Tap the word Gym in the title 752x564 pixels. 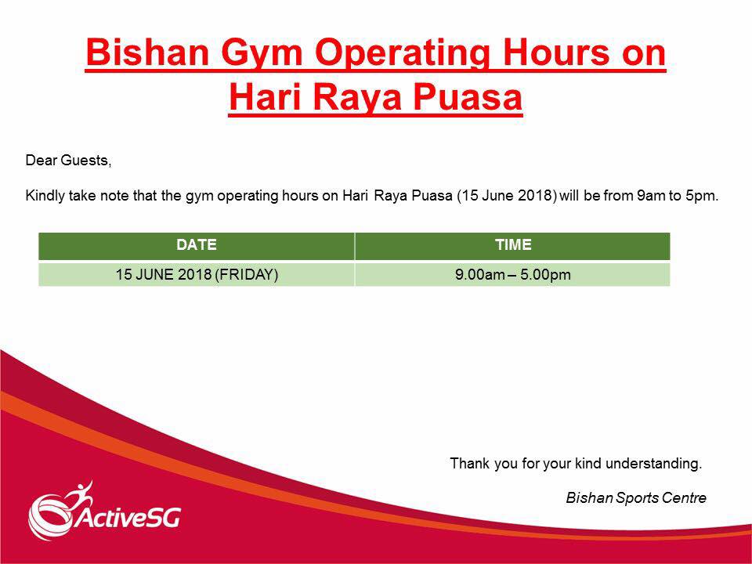(262, 55)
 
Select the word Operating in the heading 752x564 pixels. (402, 55)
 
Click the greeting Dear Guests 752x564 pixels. (68, 160)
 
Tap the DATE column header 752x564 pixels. (197, 244)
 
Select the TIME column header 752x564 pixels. (513, 244)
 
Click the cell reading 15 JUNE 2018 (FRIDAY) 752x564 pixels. (197, 274)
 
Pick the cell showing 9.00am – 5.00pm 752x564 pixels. (512, 274)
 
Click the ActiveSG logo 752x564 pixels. (104, 510)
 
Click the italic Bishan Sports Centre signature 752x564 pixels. (636, 498)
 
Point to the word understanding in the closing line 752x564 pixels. (653, 464)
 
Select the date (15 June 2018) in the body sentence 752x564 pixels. (507, 196)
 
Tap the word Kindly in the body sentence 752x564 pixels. (45, 196)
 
